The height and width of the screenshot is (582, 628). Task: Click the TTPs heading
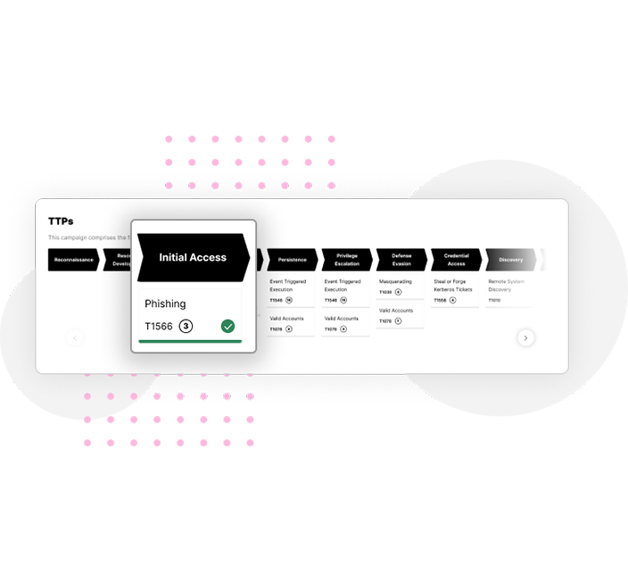click(61, 220)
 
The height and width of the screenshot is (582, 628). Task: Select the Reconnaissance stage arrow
click(73, 260)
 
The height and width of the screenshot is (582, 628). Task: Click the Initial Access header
click(193, 257)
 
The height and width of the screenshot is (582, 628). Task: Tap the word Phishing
click(165, 304)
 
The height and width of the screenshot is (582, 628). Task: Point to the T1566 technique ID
click(159, 327)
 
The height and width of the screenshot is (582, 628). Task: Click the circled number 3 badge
click(186, 327)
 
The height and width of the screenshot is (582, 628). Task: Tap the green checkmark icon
click(228, 327)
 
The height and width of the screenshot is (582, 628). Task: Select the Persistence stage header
click(292, 260)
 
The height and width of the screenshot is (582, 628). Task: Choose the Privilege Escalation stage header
click(347, 260)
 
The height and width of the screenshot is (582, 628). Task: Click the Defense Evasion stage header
click(401, 260)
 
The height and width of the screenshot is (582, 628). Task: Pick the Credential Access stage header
click(456, 260)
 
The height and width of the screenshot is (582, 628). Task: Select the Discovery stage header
click(511, 260)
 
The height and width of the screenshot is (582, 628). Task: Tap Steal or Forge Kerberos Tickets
click(453, 286)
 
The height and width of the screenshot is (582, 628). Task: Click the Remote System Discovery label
click(507, 286)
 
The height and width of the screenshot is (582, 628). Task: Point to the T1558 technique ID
click(440, 301)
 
